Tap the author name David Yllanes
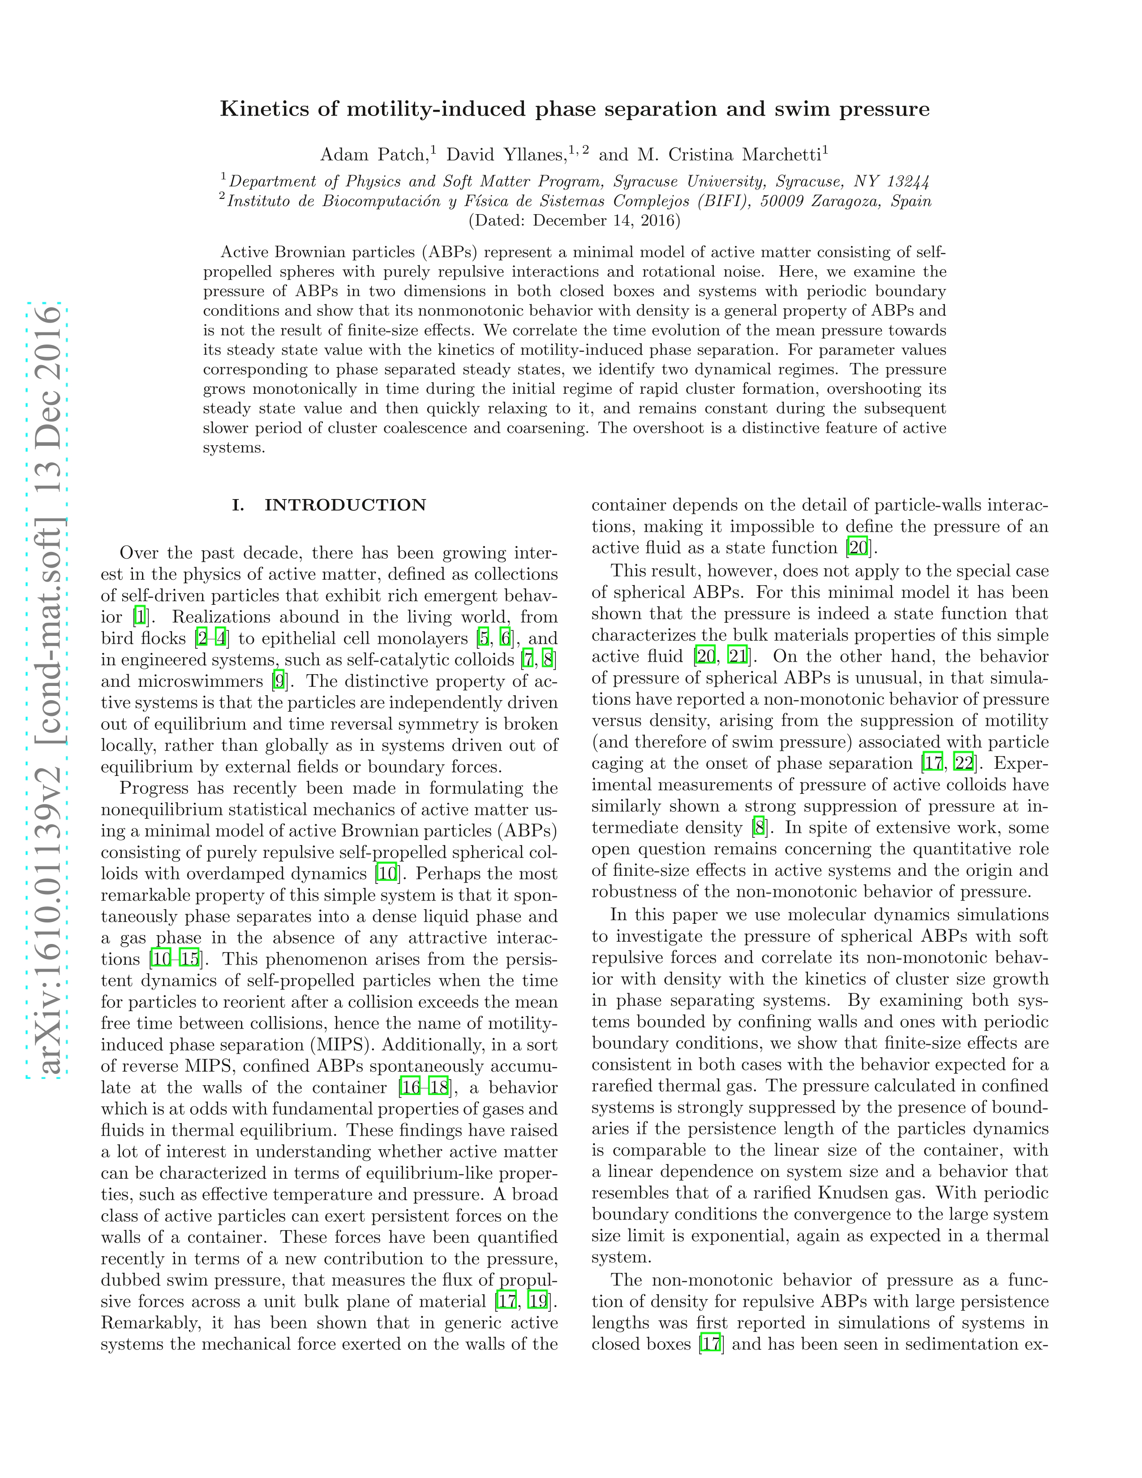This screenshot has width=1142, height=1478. [x=505, y=155]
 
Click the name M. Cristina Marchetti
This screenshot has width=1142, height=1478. [x=728, y=155]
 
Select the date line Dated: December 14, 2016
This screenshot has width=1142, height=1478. [x=575, y=220]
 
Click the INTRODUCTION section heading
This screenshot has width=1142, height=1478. [x=345, y=505]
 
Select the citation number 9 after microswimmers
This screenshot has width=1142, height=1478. [x=278, y=681]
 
